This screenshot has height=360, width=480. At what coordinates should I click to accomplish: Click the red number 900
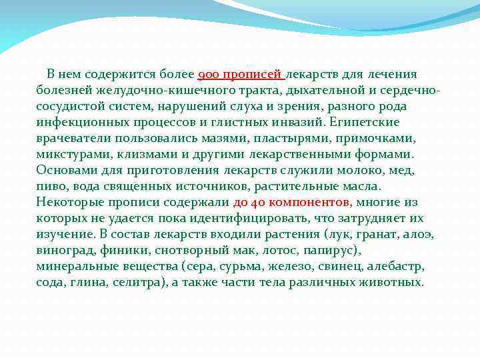210,74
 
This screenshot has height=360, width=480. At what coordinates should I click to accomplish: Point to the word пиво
51,186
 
